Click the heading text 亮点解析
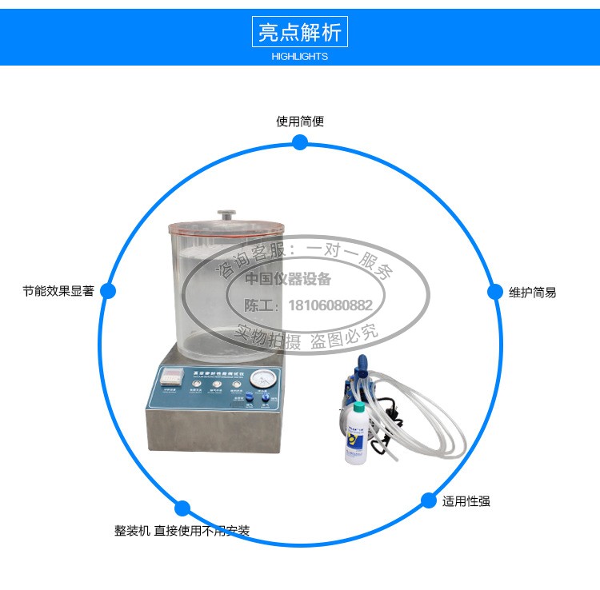pos(300,32)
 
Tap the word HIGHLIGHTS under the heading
pos(300,57)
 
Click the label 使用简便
pos(300,122)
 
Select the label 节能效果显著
pos(58,292)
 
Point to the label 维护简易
pos(532,293)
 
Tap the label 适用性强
pos(466,501)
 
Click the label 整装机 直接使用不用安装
pos(182,531)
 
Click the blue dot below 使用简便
pos(300,142)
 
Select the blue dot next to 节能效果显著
pos(108,292)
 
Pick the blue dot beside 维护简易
pos(495,292)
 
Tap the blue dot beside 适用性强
pos(429,500)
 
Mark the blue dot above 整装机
pos(182,508)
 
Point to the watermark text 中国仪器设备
pos(287,279)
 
